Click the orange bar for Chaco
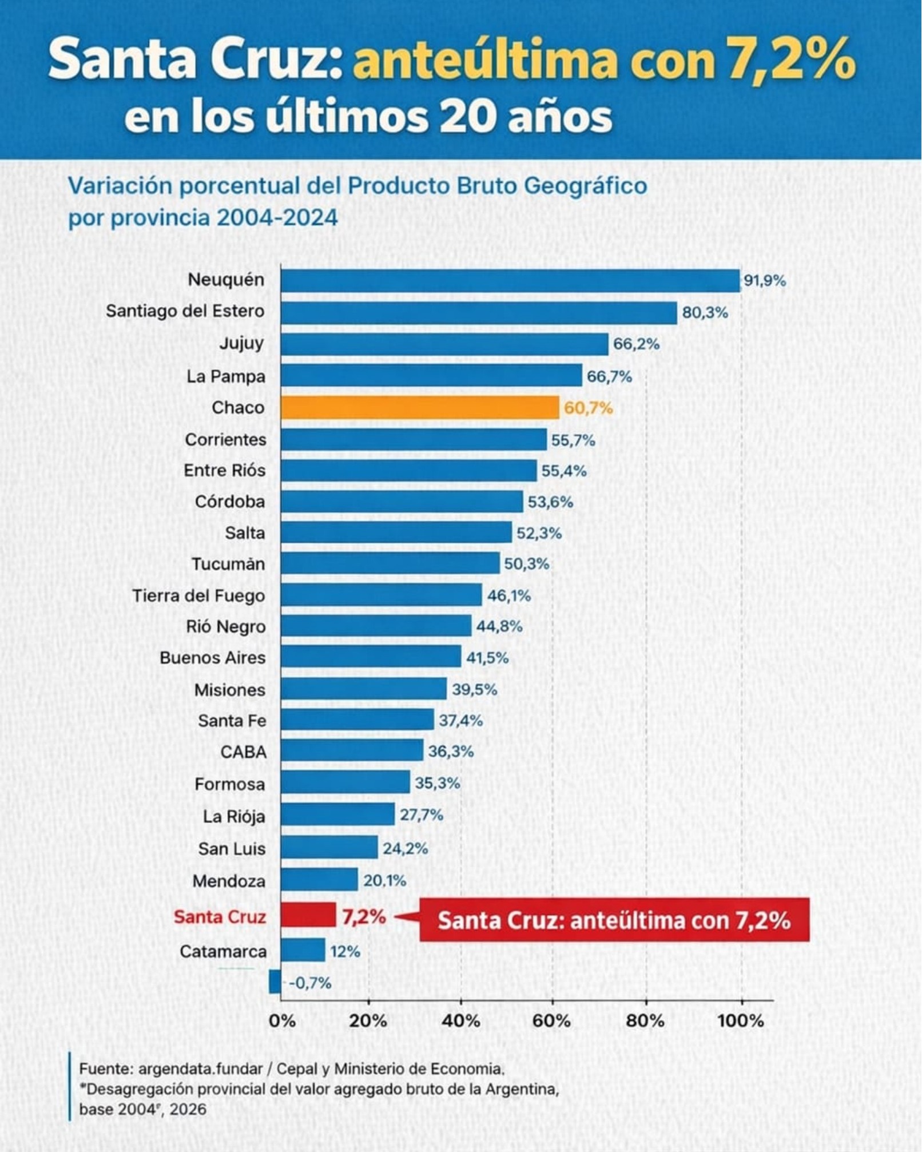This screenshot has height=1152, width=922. click(419, 408)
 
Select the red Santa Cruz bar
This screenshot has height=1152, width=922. click(308, 915)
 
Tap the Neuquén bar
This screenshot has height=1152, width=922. click(510, 281)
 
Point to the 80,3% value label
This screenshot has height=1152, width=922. click(705, 313)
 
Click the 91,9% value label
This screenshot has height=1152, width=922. click(764, 281)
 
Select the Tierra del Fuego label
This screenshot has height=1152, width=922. click(198, 596)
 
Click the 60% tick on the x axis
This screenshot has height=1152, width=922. click(552, 1020)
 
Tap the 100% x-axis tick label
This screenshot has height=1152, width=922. click(740, 1020)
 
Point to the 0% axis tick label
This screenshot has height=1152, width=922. click(282, 1020)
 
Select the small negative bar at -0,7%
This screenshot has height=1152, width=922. click(275, 982)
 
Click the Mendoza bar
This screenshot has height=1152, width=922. click(319, 880)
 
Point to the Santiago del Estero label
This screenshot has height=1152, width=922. click(185, 311)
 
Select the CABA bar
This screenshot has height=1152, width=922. click(352, 750)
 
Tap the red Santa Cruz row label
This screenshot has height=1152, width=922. click(220, 917)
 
